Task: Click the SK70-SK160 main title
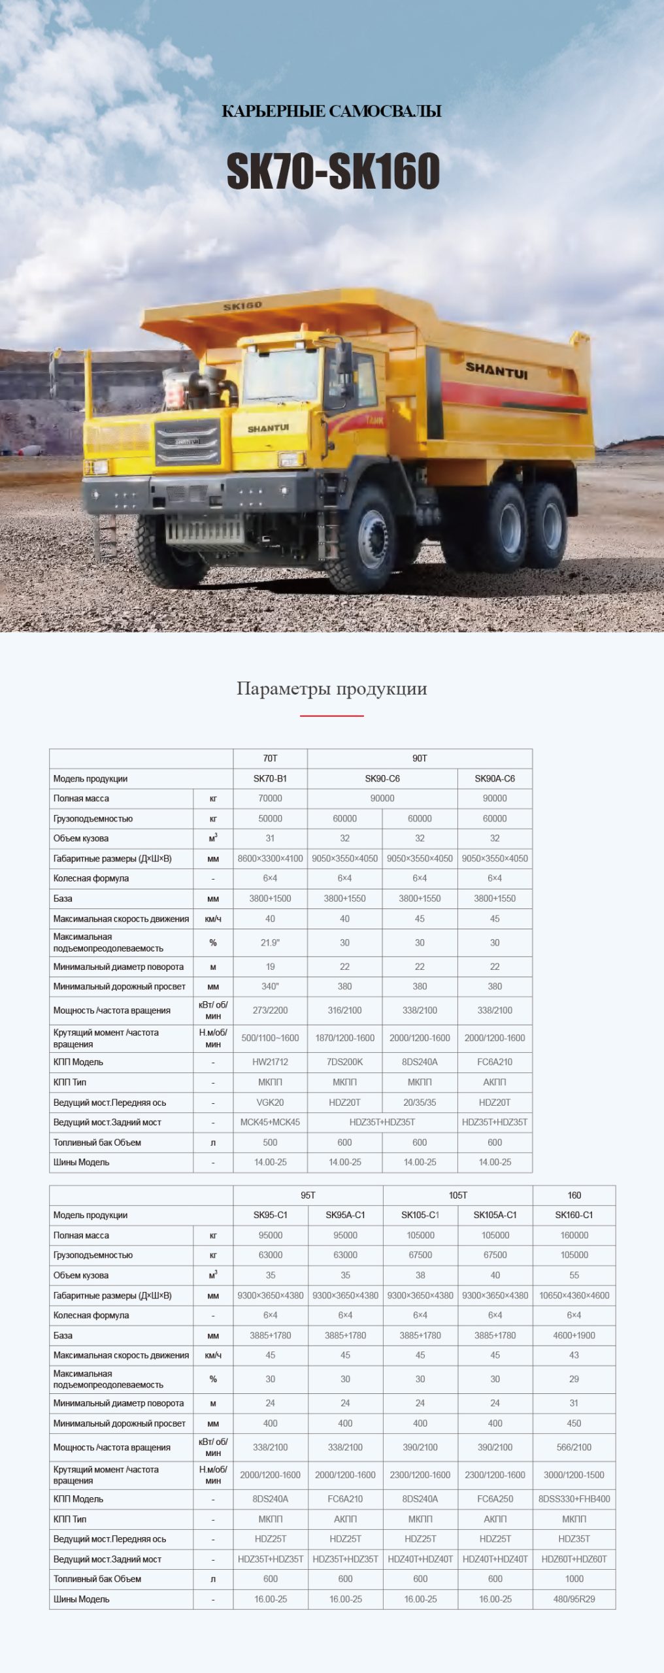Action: click(333, 171)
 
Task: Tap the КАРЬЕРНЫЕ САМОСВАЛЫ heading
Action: click(331, 111)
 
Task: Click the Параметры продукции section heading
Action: click(331, 689)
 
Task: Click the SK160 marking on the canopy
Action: click(242, 306)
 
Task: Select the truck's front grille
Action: click(187, 442)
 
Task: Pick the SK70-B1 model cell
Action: click(270, 778)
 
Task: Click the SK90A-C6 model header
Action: click(495, 778)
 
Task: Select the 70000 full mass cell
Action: click(270, 798)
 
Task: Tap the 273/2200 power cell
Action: click(270, 1010)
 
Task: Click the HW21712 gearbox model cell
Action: click(270, 1062)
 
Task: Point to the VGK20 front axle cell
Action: click(270, 1102)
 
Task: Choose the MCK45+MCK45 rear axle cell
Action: click(270, 1122)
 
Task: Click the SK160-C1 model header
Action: click(574, 1215)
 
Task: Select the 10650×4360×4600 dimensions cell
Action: click(574, 1295)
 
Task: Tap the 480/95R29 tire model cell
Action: click(574, 1599)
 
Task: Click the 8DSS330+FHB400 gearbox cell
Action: click(574, 1499)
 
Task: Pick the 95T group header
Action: click(308, 1195)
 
